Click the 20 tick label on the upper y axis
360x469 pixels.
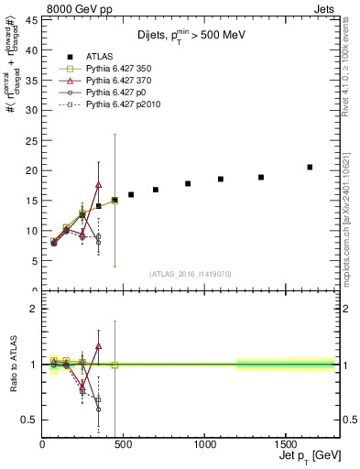31,170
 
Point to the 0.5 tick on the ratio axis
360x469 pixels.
29,420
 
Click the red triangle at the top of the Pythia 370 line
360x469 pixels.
98,185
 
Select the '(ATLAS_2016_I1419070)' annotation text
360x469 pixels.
189,273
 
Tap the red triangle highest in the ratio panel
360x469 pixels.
98,346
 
